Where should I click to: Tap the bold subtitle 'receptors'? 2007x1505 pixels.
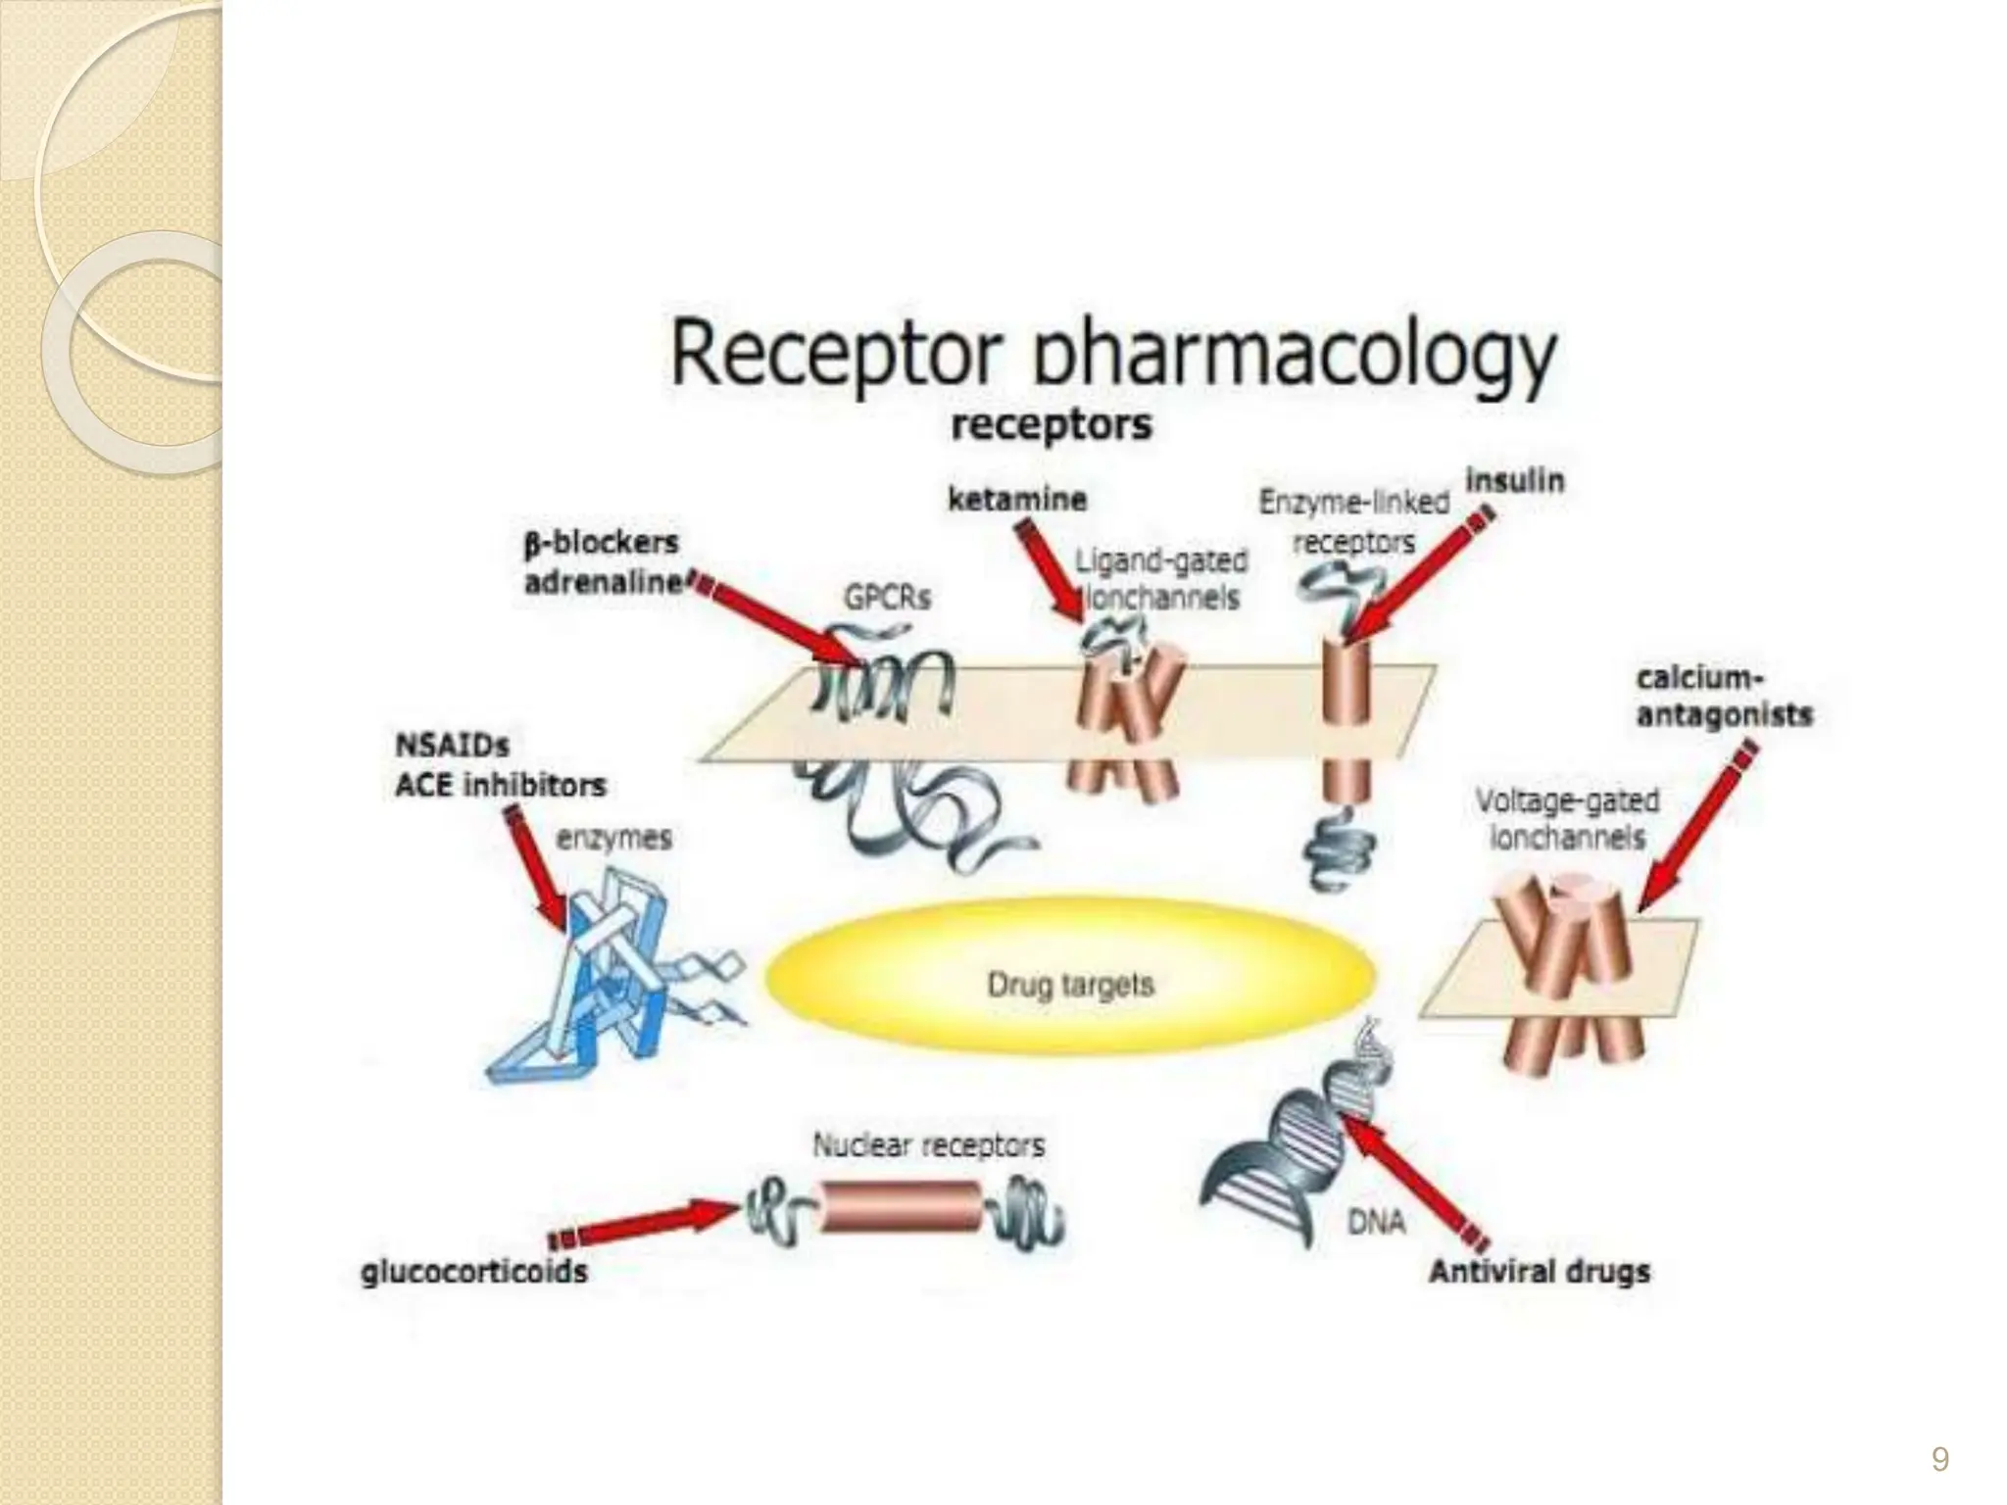tap(1052, 426)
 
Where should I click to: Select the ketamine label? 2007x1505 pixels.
tap(1017, 500)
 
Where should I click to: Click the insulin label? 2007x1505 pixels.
tap(1514, 481)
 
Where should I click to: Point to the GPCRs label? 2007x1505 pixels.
tap(887, 597)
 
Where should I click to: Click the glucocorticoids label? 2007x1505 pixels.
tap(474, 1272)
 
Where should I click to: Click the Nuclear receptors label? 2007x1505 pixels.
tap(928, 1145)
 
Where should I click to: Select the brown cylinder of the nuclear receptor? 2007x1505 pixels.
tap(900, 1206)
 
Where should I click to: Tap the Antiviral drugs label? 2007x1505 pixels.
tap(1539, 1272)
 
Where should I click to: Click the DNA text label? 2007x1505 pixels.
tap(1376, 1222)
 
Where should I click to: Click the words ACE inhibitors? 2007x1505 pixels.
tap(500, 786)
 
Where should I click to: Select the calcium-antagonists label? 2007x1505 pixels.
tap(1724, 697)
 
